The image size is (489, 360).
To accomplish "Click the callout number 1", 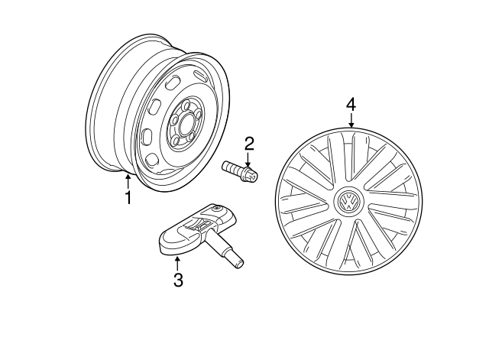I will [x=128, y=197].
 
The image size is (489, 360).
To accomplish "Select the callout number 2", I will [x=249, y=143].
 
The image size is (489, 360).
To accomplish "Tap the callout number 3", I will [x=178, y=280].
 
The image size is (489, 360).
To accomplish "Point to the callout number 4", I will [x=351, y=103].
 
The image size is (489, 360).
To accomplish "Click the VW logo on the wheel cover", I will [x=348, y=203].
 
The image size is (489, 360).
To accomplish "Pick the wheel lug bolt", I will [x=240, y=171].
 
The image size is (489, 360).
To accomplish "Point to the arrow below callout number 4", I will [x=351, y=118].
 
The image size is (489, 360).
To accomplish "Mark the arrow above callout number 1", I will [x=128, y=180].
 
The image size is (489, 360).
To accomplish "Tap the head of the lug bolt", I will [x=251, y=177].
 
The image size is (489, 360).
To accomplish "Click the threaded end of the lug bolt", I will [x=228, y=167].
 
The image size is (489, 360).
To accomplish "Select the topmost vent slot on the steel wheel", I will [x=202, y=75].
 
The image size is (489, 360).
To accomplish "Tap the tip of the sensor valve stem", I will [x=239, y=263].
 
